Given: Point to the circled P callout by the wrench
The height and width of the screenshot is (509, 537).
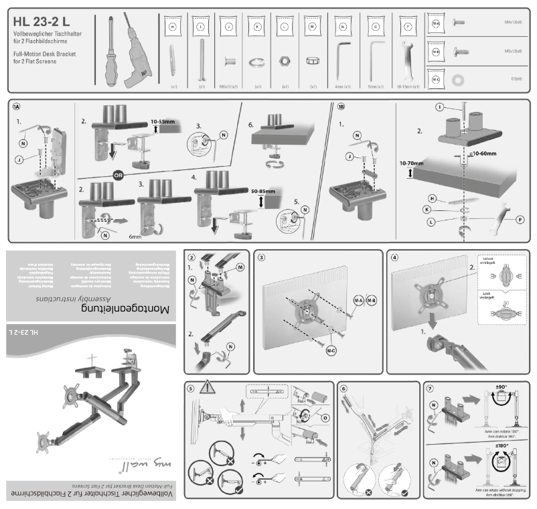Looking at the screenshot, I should pos(520,219).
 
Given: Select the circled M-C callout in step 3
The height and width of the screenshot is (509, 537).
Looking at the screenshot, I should pos(331,350).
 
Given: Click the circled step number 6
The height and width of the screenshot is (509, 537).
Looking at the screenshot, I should pos(343,388).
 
